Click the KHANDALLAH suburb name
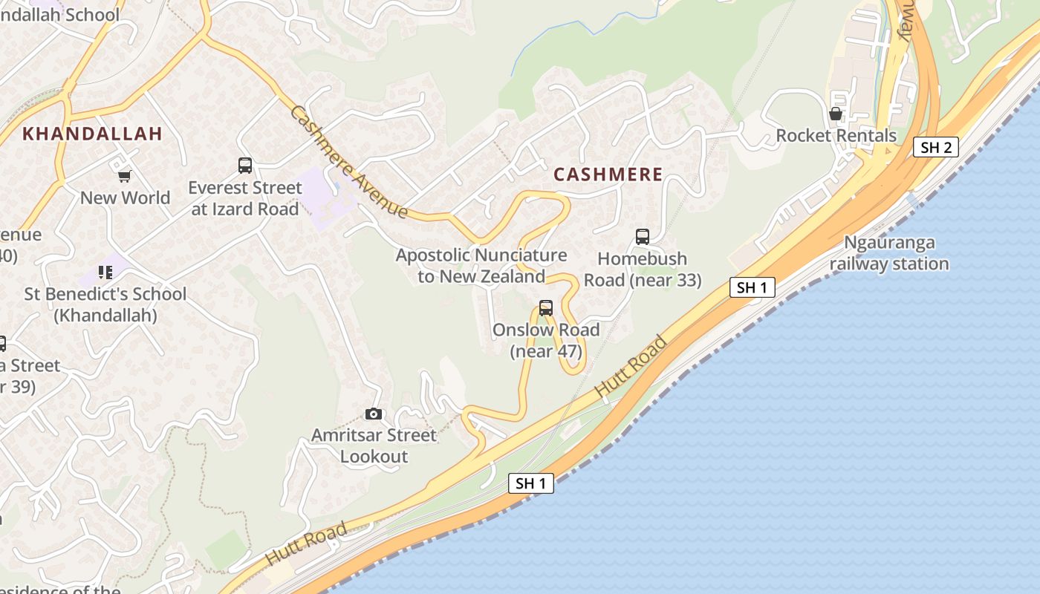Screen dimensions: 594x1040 click(92, 134)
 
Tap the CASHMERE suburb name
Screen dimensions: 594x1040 click(608, 174)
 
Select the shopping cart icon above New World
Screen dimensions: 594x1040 click(124, 176)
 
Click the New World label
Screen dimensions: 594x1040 click(125, 198)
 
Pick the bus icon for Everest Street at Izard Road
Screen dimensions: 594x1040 click(245, 166)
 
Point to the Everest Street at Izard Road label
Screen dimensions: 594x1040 click(245, 198)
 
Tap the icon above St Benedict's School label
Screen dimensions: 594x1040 click(105, 272)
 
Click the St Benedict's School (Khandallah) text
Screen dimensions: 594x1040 click(105, 304)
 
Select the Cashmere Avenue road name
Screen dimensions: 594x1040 click(348, 163)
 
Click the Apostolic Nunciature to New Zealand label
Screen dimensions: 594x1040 click(481, 266)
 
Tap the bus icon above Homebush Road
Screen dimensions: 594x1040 click(643, 237)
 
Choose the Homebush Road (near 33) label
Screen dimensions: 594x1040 click(643, 270)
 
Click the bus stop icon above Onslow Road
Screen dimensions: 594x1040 click(546, 308)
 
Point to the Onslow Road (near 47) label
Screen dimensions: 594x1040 click(546, 340)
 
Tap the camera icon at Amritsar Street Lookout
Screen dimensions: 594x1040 click(374, 414)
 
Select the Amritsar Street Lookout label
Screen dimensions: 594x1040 click(374, 446)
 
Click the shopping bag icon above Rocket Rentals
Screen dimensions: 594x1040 click(836, 114)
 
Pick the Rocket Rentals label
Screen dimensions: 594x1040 click(836, 136)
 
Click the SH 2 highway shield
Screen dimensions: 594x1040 click(935, 147)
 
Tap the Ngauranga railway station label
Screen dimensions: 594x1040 click(889, 253)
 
